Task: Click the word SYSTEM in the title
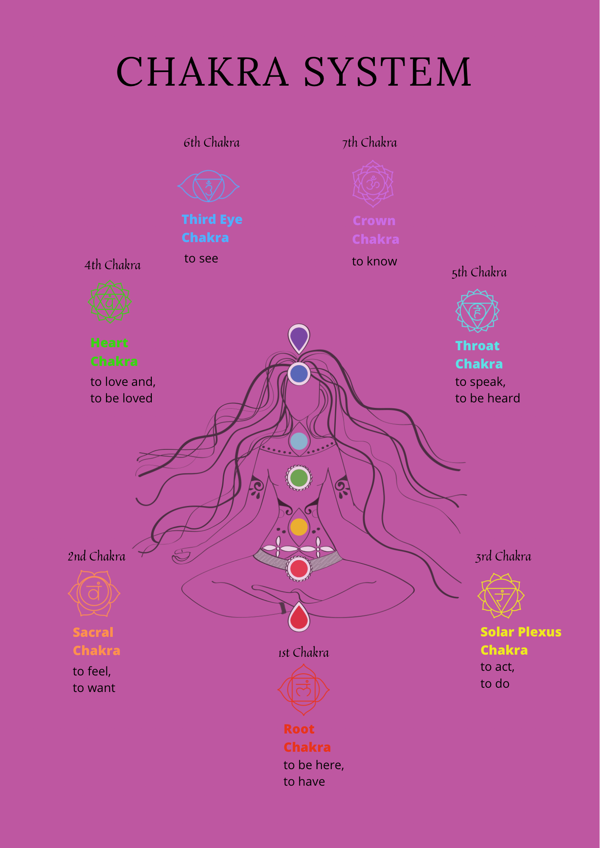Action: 387,72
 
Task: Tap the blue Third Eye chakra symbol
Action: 209,186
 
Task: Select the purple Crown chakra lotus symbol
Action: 373,184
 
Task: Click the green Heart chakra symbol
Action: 110,302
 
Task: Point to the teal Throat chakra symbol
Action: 477,311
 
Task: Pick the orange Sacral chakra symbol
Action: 94,593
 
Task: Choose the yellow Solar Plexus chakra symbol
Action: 501,596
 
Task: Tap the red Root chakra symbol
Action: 304,690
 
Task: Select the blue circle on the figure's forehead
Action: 299,374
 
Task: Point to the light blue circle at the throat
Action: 299,441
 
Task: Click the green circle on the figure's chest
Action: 299,478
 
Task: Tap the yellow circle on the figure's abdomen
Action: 299,527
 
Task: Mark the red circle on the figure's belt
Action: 299,569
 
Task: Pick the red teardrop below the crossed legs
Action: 299,617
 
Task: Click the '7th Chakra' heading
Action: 370,143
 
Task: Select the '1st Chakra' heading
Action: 304,653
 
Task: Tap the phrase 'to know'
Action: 374,261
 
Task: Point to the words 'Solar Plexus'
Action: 521,632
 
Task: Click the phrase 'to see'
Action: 201,259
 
